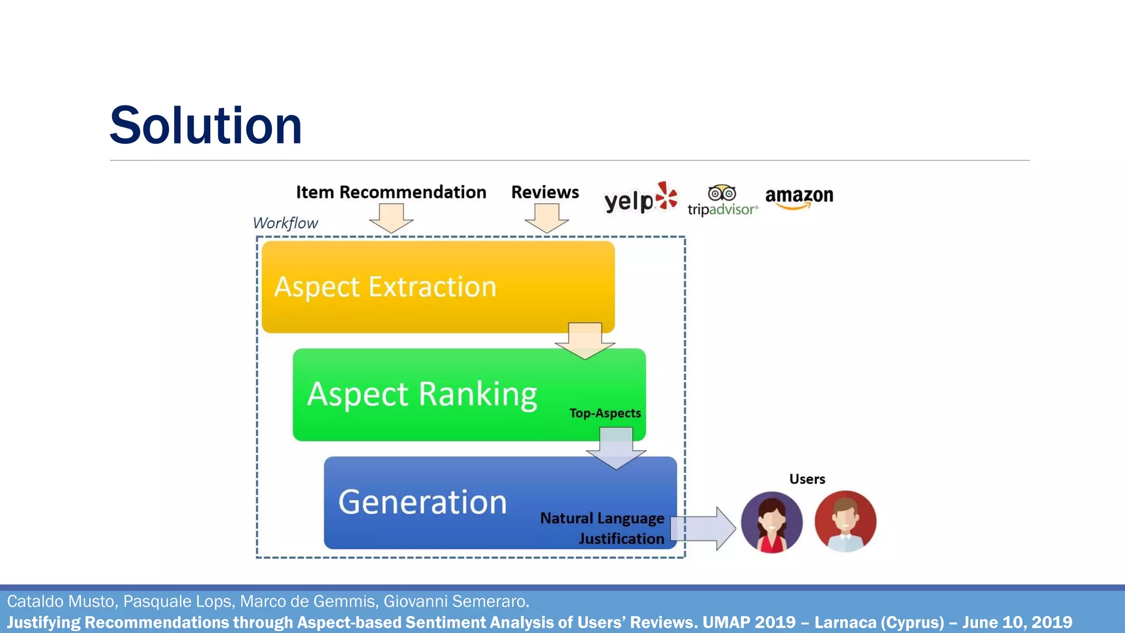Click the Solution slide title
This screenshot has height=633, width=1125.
[206, 126]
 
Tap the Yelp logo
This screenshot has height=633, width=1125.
[641, 198]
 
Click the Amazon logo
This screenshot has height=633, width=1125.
[799, 197]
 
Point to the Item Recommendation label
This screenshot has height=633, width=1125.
[391, 192]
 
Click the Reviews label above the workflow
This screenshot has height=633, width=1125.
[545, 192]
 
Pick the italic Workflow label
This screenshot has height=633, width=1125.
[285, 223]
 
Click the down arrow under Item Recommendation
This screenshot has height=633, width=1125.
[391, 218]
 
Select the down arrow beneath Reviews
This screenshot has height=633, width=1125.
[547, 218]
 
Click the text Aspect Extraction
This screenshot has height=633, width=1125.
[385, 287]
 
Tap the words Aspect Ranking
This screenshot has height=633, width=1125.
[422, 394]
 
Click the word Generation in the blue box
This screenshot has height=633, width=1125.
[422, 502]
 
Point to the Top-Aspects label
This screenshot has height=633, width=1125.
[605, 413]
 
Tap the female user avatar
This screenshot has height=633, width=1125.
[771, 522]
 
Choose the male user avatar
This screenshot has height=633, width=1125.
[845, 521]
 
